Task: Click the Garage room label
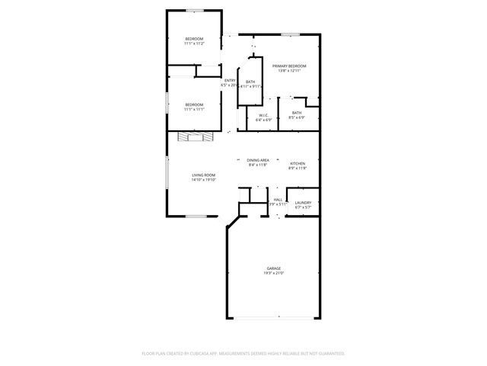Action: [x=274, y=268]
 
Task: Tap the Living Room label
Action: [x=203, y=175]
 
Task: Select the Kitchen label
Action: [x=298, y=164]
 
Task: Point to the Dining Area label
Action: [x=258, y=160]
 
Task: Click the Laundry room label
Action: [x=303, y=203]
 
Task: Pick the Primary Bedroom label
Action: [x=290, y=66]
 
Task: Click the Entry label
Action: [x=230, y=81]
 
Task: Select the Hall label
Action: [x=278, y=200]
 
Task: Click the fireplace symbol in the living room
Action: [x=194, y=136]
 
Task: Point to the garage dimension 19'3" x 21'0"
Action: [x=274, y=273]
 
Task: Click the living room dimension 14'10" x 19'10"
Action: [x=203, y=180]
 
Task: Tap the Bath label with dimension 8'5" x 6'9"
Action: [x=297, y=113]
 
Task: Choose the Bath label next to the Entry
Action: [x=250, y=82]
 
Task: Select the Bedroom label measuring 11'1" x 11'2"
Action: [x=194, y=39]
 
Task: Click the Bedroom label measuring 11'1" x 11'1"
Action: [x=194, y=104]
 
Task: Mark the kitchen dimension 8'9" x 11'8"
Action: [x=298, y=169]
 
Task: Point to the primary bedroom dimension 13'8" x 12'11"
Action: [x=290, y=71]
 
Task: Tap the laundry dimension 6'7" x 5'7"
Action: [x=303, y=207]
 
